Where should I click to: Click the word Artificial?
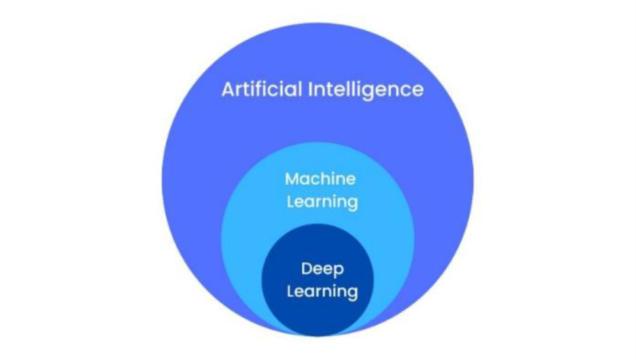[x=262, y=89]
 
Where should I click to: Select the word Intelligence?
[x=366, y=89]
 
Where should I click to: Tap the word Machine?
[x=320, y=178]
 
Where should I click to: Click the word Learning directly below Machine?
[x=322, y=203]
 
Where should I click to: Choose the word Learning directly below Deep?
[x=322, y=292]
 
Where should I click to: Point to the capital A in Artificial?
[x=228, y=89]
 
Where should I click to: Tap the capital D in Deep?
[x=306, y=268]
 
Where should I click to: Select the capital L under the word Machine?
[x=290, y=202]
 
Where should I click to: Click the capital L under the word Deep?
[x=290, y=292]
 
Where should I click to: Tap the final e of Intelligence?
[x=417, y=90]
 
